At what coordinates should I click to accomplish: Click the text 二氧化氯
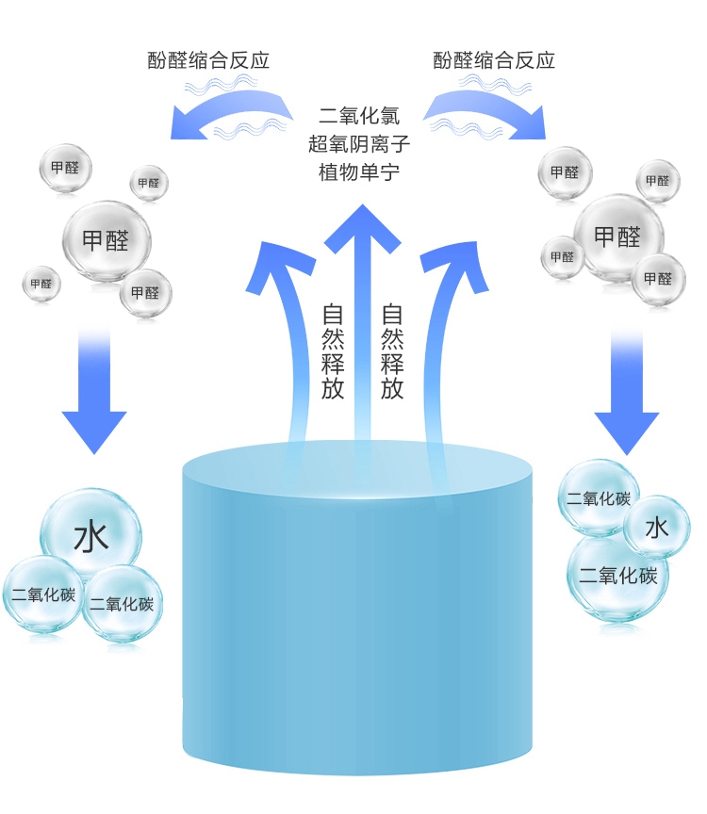click(x=359, y=117)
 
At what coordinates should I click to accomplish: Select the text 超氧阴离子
click(x=359, y=145)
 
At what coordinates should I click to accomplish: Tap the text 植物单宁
click(x=359, y=173)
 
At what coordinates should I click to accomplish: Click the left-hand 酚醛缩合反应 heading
click(x=208, y=60)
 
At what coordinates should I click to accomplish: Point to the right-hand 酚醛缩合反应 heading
click(x=494, y=60)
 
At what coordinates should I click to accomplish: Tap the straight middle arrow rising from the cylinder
click(x=357, y=311)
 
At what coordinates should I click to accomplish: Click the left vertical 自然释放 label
click(x=333, y=350)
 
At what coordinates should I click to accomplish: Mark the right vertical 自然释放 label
click(x=392, y=350)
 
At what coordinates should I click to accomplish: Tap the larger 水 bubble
click(x=91, y=537)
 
